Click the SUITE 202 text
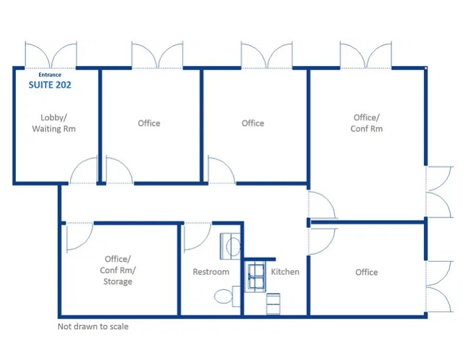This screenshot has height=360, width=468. click(x=50, y=85)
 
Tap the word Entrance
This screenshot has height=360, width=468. click(x=50, y=75)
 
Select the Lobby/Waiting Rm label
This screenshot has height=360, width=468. click(x=54, y=123)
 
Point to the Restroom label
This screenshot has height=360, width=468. click(x=211, y=272)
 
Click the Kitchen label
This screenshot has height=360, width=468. click(x=285, y=272)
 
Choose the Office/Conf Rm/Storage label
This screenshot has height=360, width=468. click(x=118, y=270)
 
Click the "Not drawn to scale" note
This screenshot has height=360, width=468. click(x=93, y=326)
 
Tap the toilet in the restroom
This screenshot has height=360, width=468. click(x=227, y=296)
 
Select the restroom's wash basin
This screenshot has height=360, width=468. click(x=230, y=246)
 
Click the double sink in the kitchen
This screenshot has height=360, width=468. click(x=255, y=277)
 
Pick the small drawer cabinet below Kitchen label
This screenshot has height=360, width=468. click(x=273, y=304)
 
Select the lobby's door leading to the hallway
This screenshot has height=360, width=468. click(x=84, y=170)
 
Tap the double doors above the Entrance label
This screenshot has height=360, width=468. click(x=51, y=55)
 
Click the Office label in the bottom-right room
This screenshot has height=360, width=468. click(x=367, y=272)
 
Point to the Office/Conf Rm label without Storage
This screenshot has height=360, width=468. click(x=367, y=123)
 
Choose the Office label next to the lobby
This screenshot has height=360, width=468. click(x=149, y=123)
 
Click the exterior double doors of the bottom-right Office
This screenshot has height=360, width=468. click(x=440, y=287)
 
